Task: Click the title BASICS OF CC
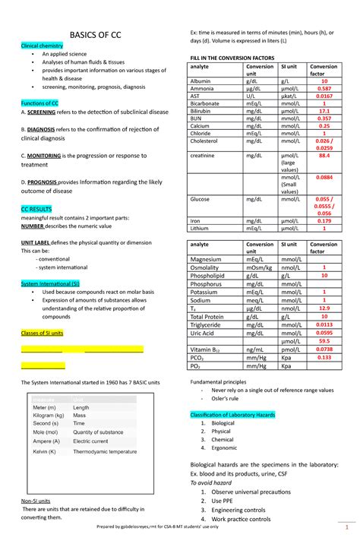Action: pos(95,36)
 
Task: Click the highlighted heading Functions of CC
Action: pos(40,103)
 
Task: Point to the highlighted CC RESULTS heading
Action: pos(36,207)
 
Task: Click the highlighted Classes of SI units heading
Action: pos(42,333)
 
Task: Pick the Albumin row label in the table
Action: pos(201,81)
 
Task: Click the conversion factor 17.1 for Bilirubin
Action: pos(324,111)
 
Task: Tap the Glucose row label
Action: pos(201,199)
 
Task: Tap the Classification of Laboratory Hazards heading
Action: pos(238,414)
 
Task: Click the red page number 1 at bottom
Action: pos(346,526)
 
